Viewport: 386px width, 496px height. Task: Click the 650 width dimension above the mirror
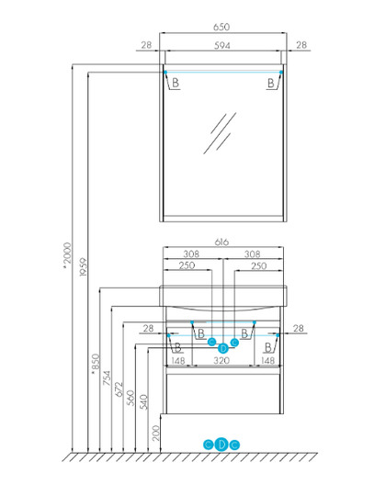point(221,27)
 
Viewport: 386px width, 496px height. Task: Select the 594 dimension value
point(221,46)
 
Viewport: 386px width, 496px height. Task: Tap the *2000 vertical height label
point(67,255)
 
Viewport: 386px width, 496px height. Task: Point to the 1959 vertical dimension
point(83,267)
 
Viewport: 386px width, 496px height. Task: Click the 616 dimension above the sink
point(221,242)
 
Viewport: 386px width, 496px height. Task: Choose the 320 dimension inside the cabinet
point(221,360)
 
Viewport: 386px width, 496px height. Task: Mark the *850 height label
point(95,364)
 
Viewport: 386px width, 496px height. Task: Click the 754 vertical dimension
point(107,378)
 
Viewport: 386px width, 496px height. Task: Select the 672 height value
point(119,389)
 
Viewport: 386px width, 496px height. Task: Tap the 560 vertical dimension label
point(131,398)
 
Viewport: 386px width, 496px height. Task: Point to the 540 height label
point(143,402)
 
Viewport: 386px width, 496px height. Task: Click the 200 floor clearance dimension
point(155,433)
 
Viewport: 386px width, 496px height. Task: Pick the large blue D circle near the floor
point(221,445)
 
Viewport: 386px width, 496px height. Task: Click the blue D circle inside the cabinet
point(223,348)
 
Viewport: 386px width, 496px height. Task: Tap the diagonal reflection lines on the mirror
point(220,133)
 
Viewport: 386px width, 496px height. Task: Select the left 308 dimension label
point(191,254)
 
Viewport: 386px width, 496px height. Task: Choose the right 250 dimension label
point(259,266)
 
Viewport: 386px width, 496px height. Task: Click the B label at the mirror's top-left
point(176,83)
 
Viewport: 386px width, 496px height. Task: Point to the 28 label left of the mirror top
point(146,45)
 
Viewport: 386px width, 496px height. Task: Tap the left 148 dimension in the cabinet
point(178,361)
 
